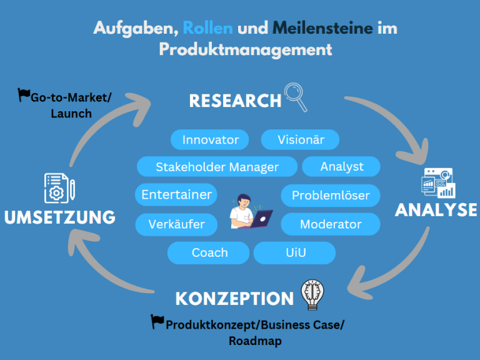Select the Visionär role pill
pos(301,139)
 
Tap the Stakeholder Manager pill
pos(217,167)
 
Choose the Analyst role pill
pos(341,167)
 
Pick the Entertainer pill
pos(176,194)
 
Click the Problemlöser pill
pos(331,196)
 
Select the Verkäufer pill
pos(176,224)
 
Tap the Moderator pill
pos(331,224)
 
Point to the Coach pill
pos(209,252)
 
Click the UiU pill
pos(295,252)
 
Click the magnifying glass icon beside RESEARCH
pos(296,97)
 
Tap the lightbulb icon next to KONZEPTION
pos(312,295)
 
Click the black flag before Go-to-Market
pos(24,96)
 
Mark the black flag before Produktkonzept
pos(157,322)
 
